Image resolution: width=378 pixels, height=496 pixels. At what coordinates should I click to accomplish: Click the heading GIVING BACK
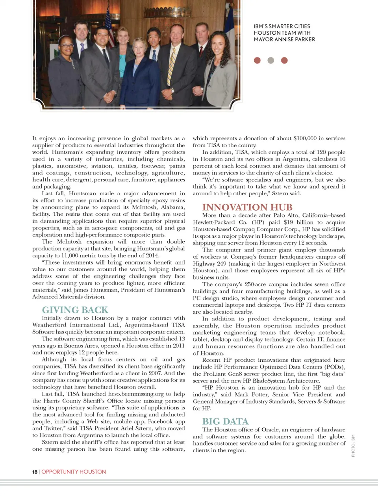[x=75, y=310]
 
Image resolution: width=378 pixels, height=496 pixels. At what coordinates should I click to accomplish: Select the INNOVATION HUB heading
[x=247, y=207]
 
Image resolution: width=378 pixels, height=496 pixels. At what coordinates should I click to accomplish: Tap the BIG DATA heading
[x=225, y=422]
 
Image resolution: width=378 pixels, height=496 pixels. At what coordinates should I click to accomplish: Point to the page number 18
[x=35, y=472]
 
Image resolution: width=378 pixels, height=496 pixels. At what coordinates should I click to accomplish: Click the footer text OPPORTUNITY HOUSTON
[x=74, y=472]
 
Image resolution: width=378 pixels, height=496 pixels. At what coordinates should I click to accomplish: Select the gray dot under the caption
[x=271, y=60]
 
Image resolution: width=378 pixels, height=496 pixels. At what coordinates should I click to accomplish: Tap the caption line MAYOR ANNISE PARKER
[x=284, y=39]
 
